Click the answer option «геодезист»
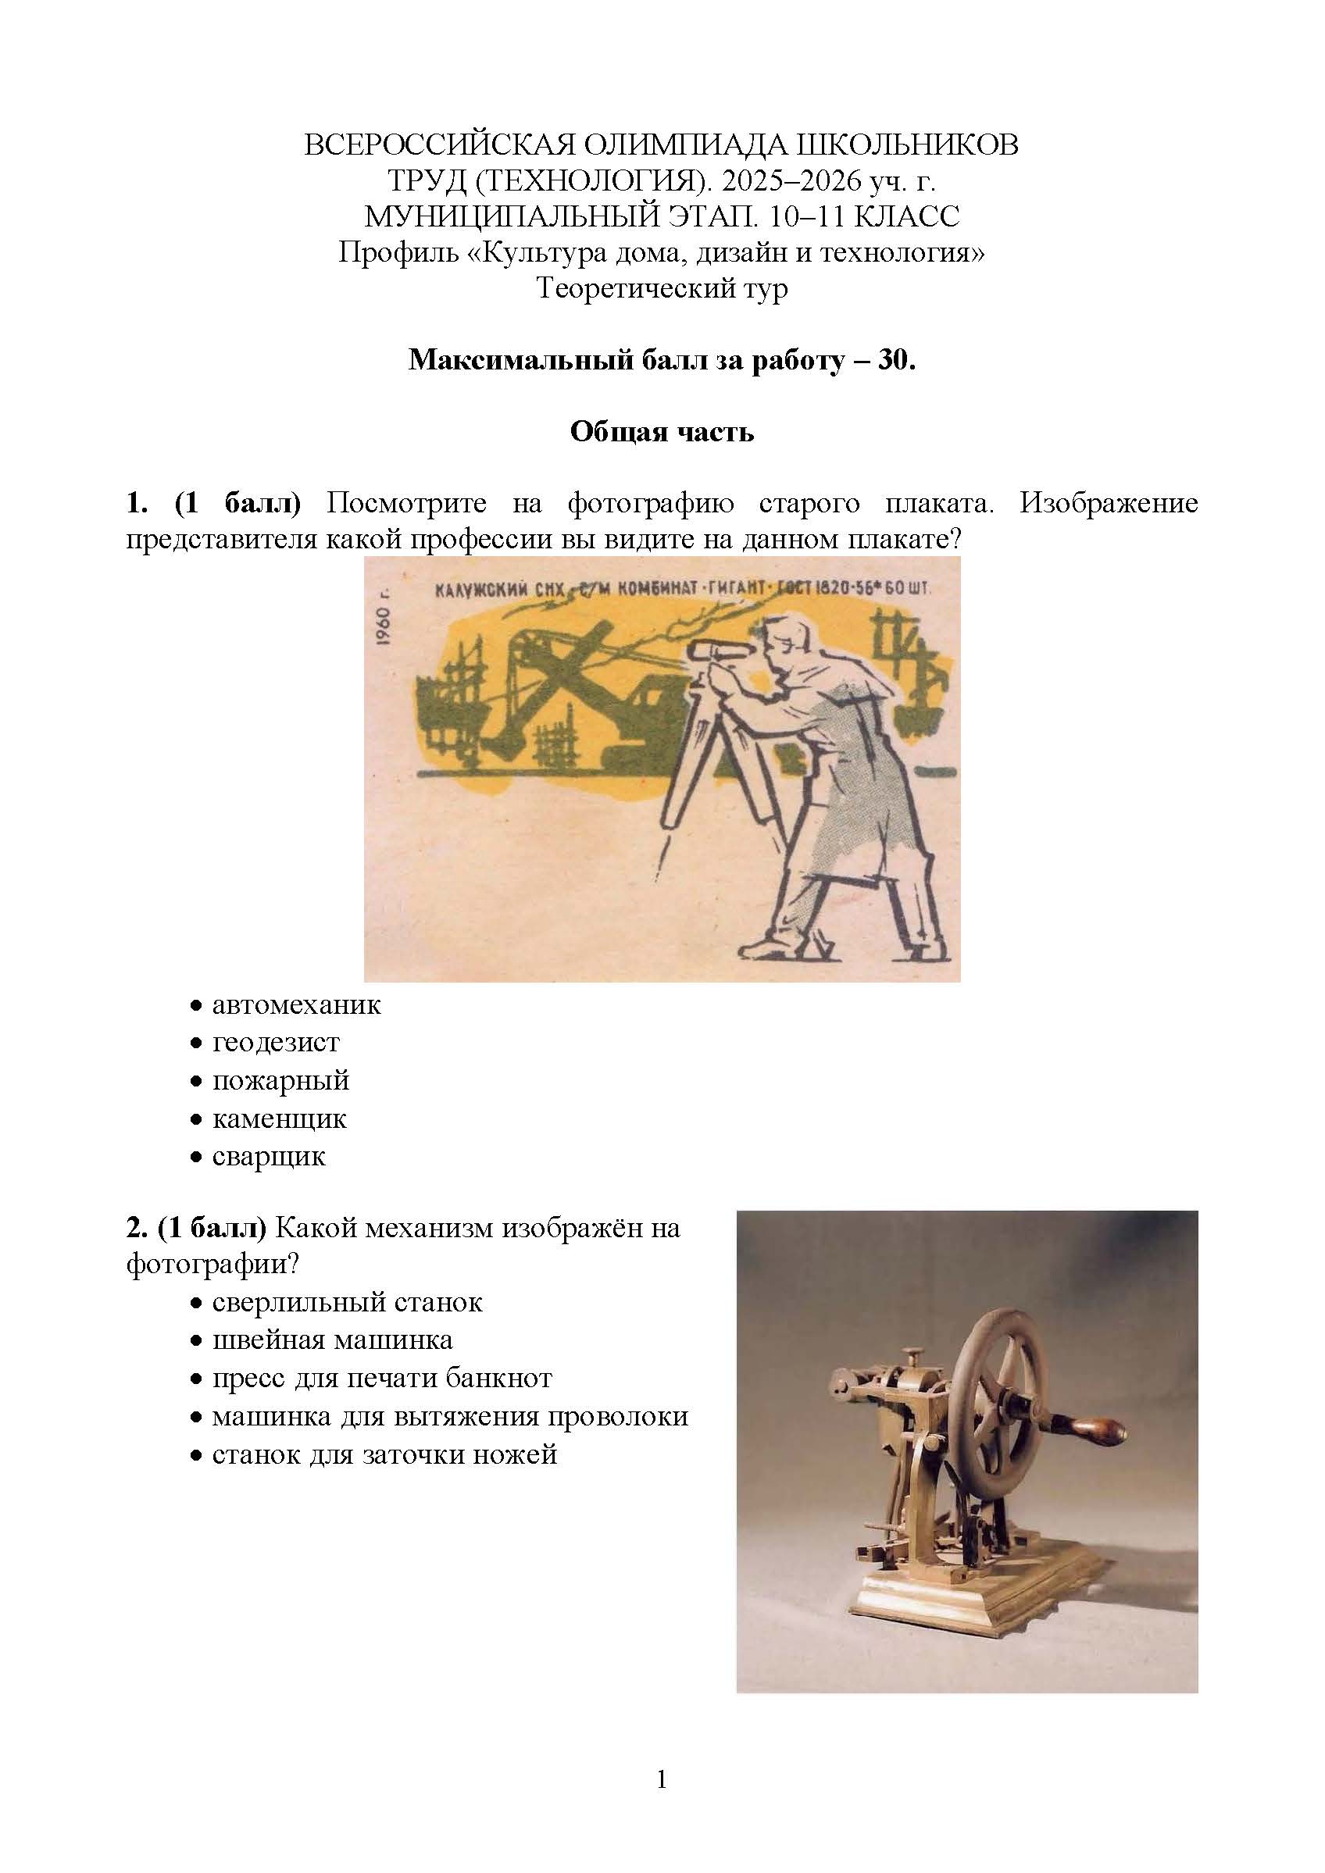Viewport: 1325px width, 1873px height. pyautogui.click(x=275, y=1043)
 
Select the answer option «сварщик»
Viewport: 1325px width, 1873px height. pyautogui.click(x=269, y=1157)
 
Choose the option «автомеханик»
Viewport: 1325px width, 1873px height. pyautogui.click(x=296, y=1005)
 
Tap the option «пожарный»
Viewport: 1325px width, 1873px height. pyautogui.click(x=280, y=1081)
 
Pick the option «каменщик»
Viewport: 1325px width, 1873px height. pyautogui.click(x=279, y=1118)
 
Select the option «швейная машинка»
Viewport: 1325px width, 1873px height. pyautogui.click(x=332, y=1340)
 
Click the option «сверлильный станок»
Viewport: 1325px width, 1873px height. pyautogui.click(x=347, y=1302)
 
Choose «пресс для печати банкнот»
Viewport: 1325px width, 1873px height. pyautogui.click(x=382, y=1379)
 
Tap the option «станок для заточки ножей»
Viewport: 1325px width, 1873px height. pyautogui.click(x=384, y=1454)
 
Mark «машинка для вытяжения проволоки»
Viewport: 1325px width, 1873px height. pyautogui.click(x=449, y=1416)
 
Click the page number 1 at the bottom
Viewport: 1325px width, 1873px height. pyautogui.click(x=662, y=1803)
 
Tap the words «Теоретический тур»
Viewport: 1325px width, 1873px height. pyautogui.click(x=662, y=289)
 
